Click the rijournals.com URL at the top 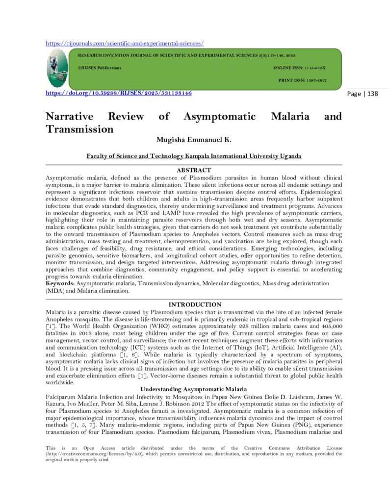pyautogui.click(x=125, y=43)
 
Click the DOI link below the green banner pyautogui.click(x=118, y=93)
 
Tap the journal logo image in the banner pyautogui.click(x=57, y=69)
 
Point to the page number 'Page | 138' pyautogui.click(x=362, y=94)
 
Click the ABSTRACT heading pyautogui.click(x=194, y=170)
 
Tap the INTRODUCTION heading pyautogui.click(x=194, y=304)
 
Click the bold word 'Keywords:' pyautogui.click(x=61, y=283)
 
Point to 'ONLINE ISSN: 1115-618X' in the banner pyautogui.click(x=299, y=68)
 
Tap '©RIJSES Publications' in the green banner pyautogui.click(x=100, y=68)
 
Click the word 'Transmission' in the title pyautogui.click(x=79, y=129)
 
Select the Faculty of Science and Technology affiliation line pyautogui.click(x=194, y=156)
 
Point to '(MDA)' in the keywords pyautogui.click(x=55, y=290)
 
